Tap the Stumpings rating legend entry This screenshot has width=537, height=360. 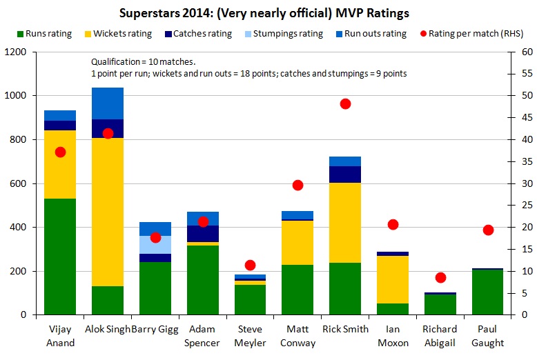point(280,33)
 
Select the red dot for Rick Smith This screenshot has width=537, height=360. point(345,103)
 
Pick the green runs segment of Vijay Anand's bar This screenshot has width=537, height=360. point(60,257)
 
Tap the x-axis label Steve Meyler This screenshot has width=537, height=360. point(251,336)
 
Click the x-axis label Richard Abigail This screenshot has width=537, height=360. point(440,336)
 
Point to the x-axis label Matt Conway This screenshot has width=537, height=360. point(297,336)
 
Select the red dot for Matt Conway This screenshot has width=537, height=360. point(297,185)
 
